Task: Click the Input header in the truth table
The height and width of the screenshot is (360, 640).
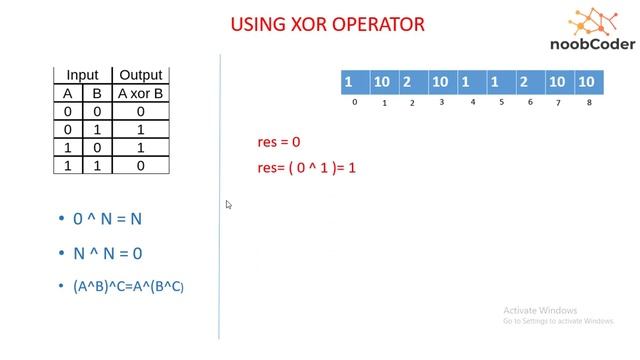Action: (82, 75)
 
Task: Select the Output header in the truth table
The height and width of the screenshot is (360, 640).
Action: (140, 75)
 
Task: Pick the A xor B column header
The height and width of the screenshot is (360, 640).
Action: (140, 94)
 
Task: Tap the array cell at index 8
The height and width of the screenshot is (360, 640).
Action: (587, 81)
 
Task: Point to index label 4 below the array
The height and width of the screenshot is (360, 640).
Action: (472, 102)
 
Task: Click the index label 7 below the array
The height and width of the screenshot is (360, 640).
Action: (559, 102)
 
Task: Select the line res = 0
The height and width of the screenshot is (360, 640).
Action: (279, 143)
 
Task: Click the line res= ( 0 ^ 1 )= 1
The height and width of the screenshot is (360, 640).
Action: (307, 167)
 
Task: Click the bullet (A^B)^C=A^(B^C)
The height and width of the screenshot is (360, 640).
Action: (128, 286)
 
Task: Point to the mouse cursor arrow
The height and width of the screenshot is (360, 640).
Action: (229, 205)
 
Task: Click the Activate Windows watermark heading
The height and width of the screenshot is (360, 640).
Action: (542, 310)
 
